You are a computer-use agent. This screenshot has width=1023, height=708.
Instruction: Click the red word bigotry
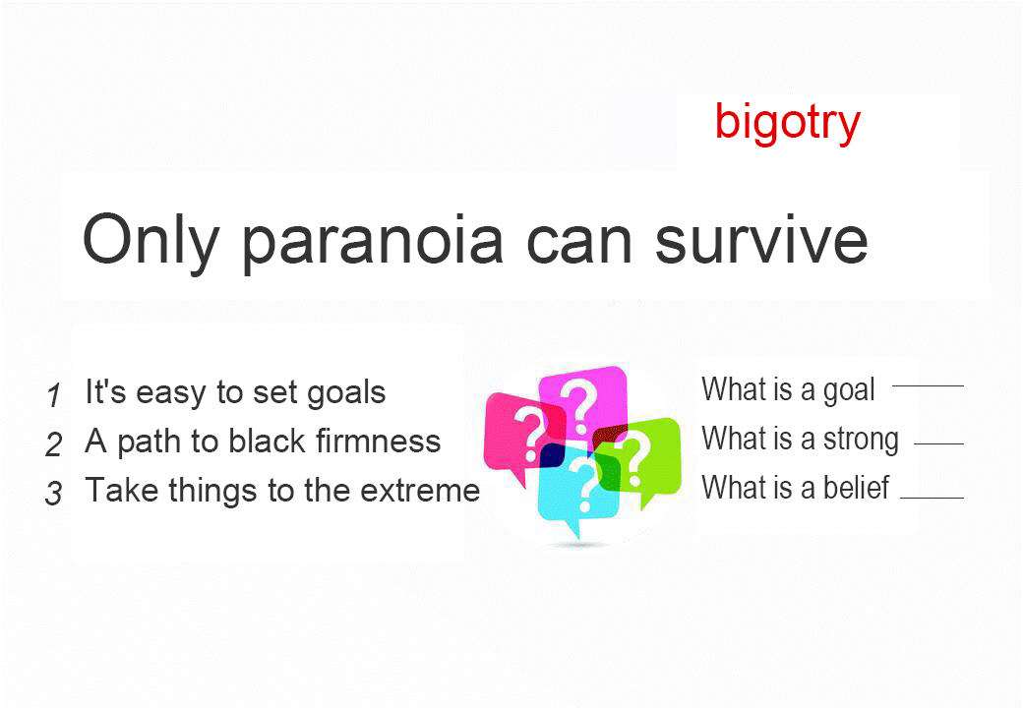(x=788, y=123)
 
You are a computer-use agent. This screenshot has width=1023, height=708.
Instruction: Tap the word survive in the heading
(x=761, y=239)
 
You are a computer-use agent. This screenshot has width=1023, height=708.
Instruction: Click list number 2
(x=53, y=444)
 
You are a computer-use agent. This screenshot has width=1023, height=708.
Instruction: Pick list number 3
(x=53, y=494)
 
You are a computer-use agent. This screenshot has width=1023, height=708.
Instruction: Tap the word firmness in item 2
(x=379, y=441)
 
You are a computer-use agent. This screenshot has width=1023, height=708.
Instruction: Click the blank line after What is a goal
(x=928, y=385)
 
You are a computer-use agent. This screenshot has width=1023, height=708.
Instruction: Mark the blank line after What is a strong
(x=938, y=443)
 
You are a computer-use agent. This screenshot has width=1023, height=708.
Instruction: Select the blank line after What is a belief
(x=932, y=499)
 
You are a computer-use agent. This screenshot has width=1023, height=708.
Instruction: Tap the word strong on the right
(x=862, y=440)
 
